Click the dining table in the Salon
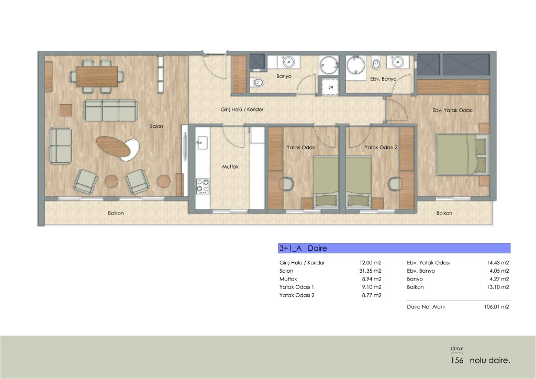click(97, 76)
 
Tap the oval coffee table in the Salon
click(114, 146)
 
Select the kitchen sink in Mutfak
click(203, 142)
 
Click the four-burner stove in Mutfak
click(203, 186)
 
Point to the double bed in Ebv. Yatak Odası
click(463, 154)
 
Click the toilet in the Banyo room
click(256, 82)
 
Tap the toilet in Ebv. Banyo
click(376, 63)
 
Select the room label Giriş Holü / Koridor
click(242, 109)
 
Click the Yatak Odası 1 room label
click(303, 147)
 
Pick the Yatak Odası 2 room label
click(381, 147)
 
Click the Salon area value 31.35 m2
click(370, 271)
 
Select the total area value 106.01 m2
click(496, 307)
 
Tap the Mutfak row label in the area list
click(288, 279)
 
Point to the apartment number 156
click(457, 360)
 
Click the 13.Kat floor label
click(456, 349)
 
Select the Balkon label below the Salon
click(116, 213)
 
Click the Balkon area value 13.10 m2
click(498, 287)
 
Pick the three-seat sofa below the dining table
click(111, 110)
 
